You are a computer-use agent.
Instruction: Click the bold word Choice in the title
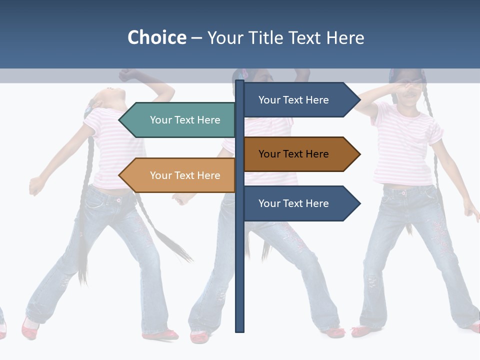coord(156,38)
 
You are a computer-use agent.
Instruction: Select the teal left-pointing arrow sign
coord(180,120)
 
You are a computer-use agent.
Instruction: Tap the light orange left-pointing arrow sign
coord(180,175)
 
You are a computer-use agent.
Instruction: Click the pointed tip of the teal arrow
coord(120,120)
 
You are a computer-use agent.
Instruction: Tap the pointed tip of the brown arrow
coord(359,154)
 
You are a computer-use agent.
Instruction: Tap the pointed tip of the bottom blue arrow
coord(359,203)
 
